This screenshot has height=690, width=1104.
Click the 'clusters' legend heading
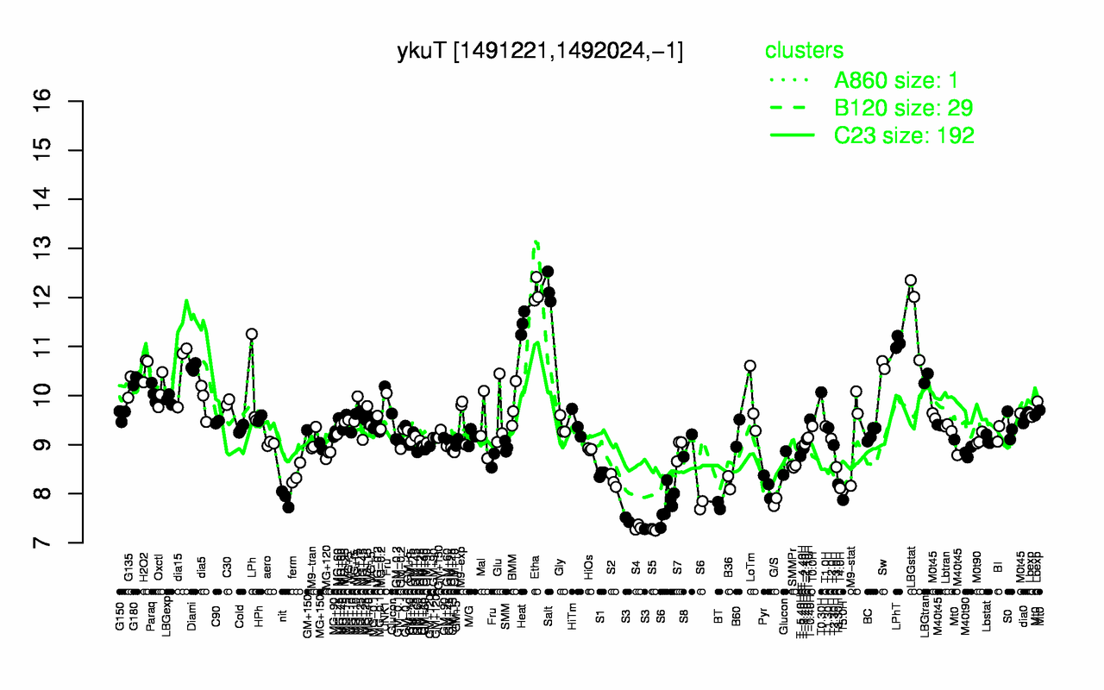pyautogui.click(x=804, y=50)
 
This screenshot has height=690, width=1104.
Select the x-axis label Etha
pyautogui.click(x=535, y=572)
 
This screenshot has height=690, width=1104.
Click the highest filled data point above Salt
pyautogui.click(x=547, y=272)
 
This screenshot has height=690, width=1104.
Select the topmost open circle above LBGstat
pyautogui.click(x=910, y=280)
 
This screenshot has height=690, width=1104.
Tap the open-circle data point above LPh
pyautogui.click(x=251, y=334)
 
